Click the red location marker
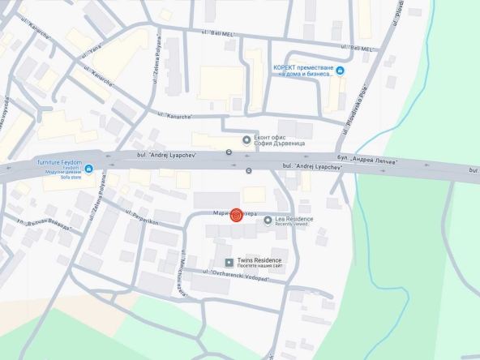[x=236, y=216]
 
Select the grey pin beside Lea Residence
[x=268, y=220]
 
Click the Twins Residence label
[x=259, y=260]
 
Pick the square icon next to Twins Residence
[x=229, y=263]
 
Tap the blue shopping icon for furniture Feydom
[x=88, y=169]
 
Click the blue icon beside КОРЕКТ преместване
[x=340, y=71]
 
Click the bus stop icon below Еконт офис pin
[x=229, y=152]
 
